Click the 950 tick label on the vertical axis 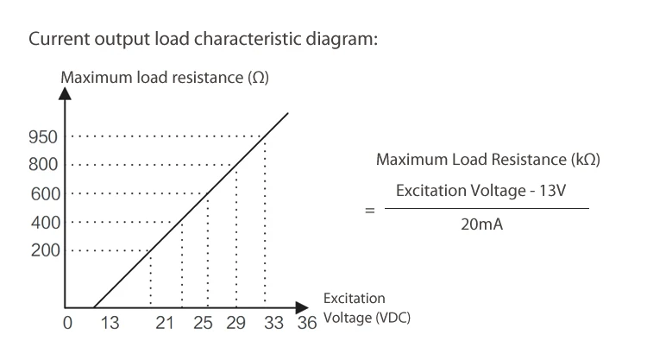tap(44, 136)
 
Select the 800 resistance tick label tap(44, 164)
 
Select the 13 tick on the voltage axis tap(110, 325)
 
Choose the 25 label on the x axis tap(202, 325)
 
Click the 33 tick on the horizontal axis tap(273, 325)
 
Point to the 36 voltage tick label tap(307, 325)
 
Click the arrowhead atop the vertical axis tap(64, 94)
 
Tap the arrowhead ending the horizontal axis tap(301, 307)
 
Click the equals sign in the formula tap(370, 209)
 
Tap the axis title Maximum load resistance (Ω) tap(165, 78)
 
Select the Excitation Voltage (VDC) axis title tap(366, 308)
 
